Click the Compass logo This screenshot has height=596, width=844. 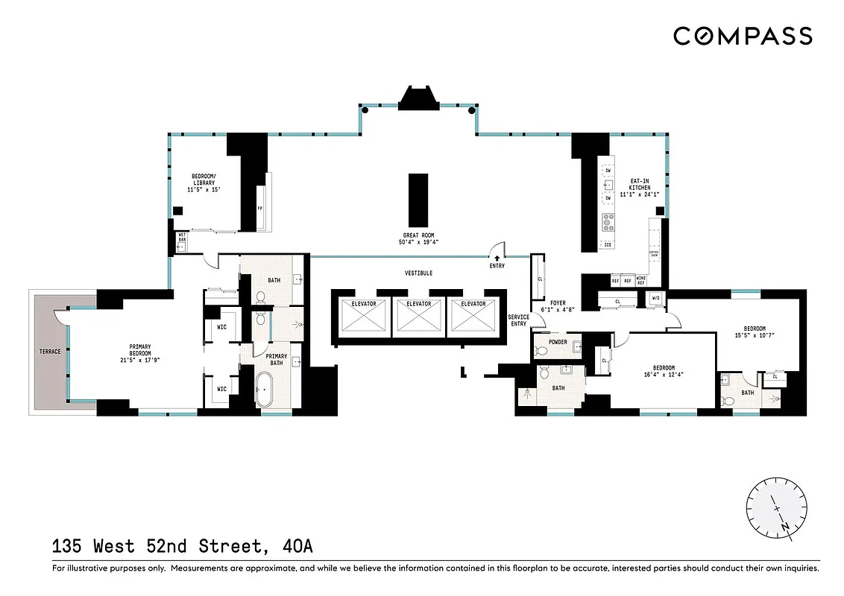pyautogui.click(x=743, y=36)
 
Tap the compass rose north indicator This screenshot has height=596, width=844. pyautogui.click(x=785, y=526)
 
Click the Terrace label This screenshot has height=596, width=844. pyautogui.click(x=50, y=351)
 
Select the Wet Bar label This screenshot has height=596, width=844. pyautogui.click(x=181, y=238)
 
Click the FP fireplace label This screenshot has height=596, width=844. pyautogui.click(x=259, y=209)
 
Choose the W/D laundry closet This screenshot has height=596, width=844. pyautogui.click(x=656, y=299)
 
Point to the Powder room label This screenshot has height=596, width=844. pyautogui.click(x=558, y=342)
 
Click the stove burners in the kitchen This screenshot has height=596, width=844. pyautogui.click(x=608, y=221)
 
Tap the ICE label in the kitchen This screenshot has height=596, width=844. pyautogui.click(x=608, y=244)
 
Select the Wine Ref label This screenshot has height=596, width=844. pyautogui.click(x=640, y=280)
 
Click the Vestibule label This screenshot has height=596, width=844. pyautogui.click(x=418, y=273)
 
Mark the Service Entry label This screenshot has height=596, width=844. pyautogui.click(x=519, y=320)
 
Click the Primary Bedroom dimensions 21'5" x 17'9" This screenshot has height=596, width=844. pyautogui.click(x=140, y=359)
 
